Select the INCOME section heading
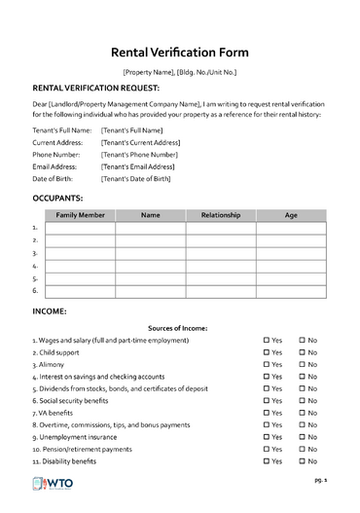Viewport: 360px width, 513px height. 50,311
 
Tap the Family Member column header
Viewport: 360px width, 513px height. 80,214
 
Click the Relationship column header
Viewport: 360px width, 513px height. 221,214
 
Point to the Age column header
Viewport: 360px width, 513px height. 291,214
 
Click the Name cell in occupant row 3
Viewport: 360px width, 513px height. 150,252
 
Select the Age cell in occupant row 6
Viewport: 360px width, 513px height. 291,290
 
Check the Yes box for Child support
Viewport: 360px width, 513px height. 267,351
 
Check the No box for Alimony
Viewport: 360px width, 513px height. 303,364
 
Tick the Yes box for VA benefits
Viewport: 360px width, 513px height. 267,413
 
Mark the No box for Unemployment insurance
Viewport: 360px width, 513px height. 303,437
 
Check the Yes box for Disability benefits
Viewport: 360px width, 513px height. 267,461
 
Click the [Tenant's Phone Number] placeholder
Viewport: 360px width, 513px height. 139,154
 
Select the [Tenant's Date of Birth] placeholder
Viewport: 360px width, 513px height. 135,179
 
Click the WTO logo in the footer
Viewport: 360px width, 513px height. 57,486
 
